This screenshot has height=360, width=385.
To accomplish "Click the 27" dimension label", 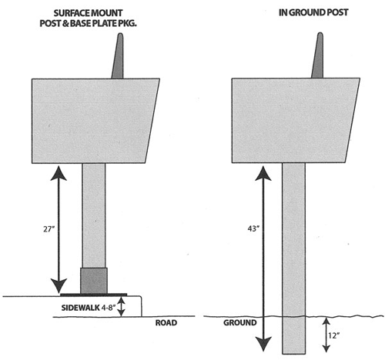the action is tap(49, 228).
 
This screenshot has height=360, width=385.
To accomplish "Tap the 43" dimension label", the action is tap(253, 228).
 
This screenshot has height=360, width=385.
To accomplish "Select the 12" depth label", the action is tap(333, 335).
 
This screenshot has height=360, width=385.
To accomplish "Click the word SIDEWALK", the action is tap(80, 308).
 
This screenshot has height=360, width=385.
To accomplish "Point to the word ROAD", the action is tap(166, 322).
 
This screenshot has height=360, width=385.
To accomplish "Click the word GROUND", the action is tap(240, 322).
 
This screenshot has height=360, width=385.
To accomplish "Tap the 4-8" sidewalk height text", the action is tap(109, 308).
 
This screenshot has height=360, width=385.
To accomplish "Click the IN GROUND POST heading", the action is tap(313, 12).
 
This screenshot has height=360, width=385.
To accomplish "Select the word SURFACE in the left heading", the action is tap(70, 13).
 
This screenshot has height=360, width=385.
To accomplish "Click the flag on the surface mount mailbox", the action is tap(118, 55).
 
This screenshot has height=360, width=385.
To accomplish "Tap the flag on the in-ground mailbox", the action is tap(318, 55).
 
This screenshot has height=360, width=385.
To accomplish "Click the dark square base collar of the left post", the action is tap(94, 281).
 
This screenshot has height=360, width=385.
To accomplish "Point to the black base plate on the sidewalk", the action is tap(93, 295).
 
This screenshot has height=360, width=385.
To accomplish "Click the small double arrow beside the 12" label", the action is tap(326, 335).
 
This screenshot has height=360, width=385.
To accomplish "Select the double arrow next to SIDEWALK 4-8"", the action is tap(121, 307).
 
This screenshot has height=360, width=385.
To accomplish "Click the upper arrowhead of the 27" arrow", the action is tap(59, 173).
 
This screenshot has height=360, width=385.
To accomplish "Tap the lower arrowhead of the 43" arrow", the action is tap(263, 344).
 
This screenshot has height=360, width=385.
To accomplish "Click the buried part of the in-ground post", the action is tap(294, 335).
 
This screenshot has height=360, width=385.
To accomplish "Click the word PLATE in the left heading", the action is tap(104, 23).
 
